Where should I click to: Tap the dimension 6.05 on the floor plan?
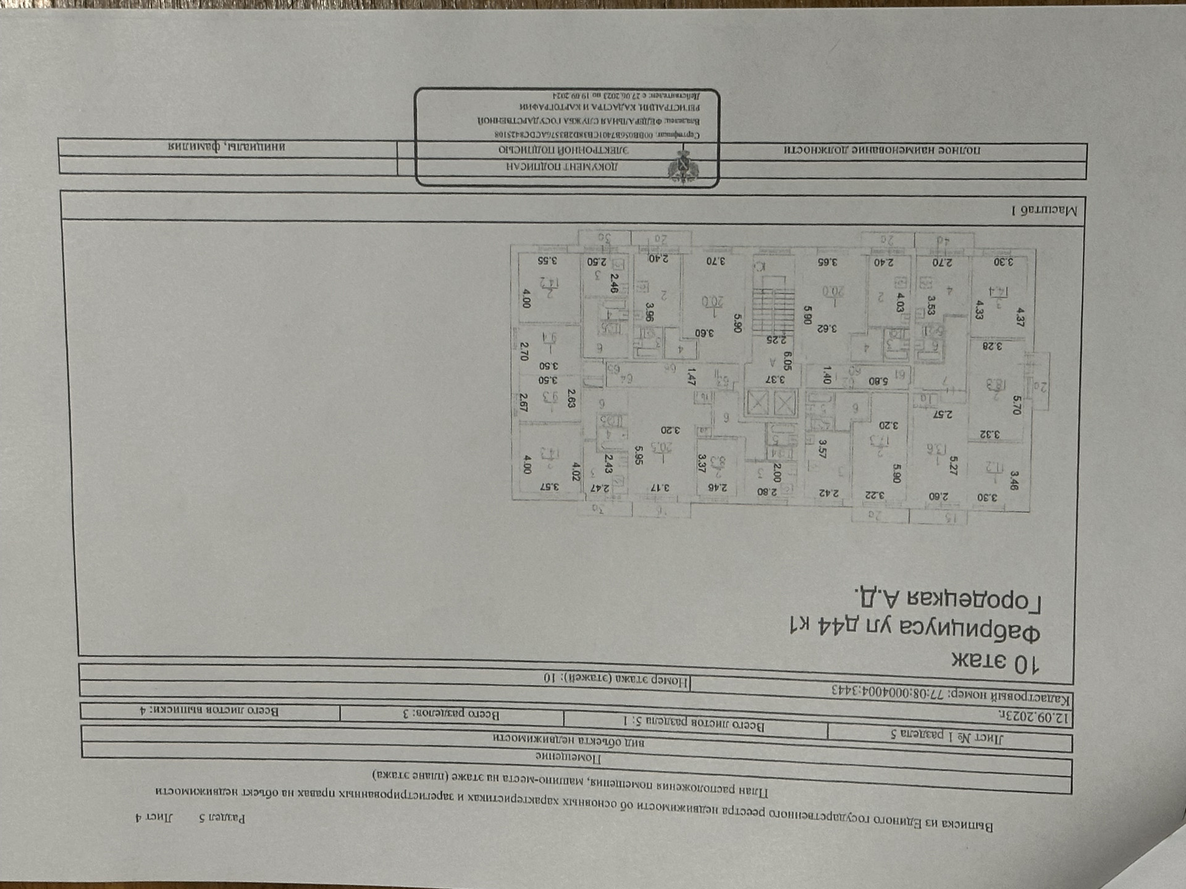(x=788, y=360)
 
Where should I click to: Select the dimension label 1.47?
(x=691, y=377)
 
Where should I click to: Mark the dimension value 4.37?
(x=1020, y=317)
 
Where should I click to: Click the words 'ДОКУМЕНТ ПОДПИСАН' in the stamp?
(x=562, y=166)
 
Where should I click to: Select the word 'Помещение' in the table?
(x=568, y=758)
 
